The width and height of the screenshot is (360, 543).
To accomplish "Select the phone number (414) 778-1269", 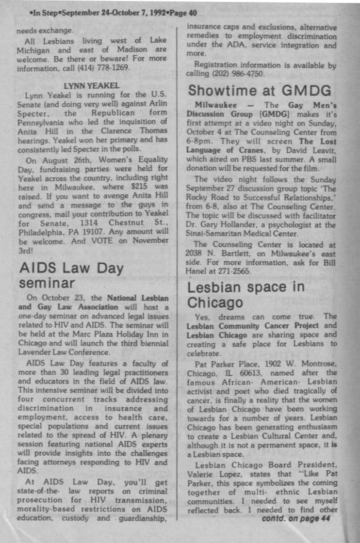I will (x=105, y=67).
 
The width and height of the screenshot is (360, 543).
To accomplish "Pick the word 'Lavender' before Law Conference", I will (x=33, y=352).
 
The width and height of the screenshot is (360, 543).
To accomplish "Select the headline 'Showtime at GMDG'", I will (x=260, y=90).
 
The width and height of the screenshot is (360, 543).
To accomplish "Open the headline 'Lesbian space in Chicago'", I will (x=246, y=294).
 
